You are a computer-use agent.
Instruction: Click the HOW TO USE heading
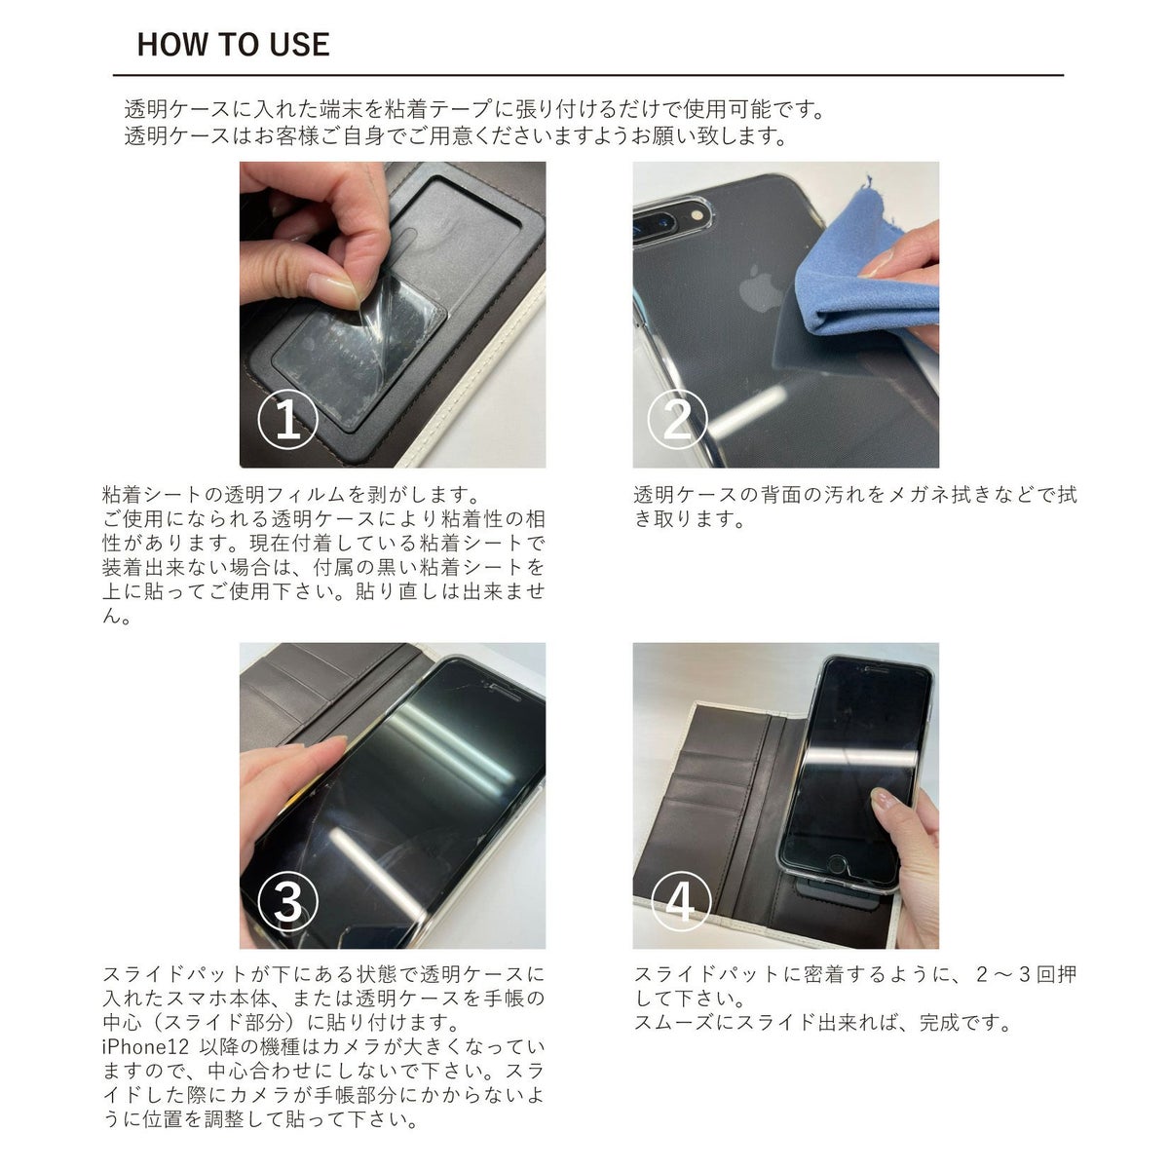(233, 45)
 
